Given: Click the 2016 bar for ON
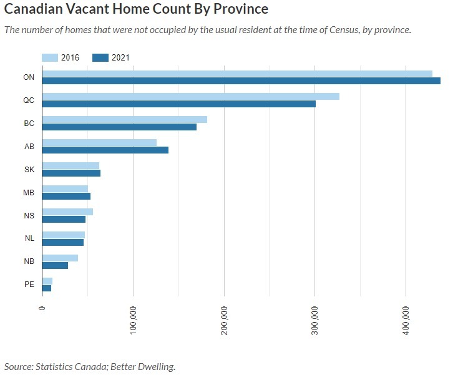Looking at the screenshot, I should click(237, 74).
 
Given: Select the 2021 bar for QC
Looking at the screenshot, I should click(178, 104).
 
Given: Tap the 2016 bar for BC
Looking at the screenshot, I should click(125, 119).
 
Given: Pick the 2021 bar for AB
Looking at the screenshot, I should click(105, 150).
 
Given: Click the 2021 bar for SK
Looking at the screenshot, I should click(71, 173).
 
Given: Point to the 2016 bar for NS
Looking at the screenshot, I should click(67, 212).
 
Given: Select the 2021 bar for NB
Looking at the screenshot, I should click(55, 265).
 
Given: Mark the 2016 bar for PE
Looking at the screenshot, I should click(47, 281).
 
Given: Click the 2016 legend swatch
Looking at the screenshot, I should click(50, 57).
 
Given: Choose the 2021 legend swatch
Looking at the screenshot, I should click(100, 57).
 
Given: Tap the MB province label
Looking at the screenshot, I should click(29, 192).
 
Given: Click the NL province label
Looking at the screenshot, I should click(29, 238).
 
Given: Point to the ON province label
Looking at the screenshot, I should click(29, 77).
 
